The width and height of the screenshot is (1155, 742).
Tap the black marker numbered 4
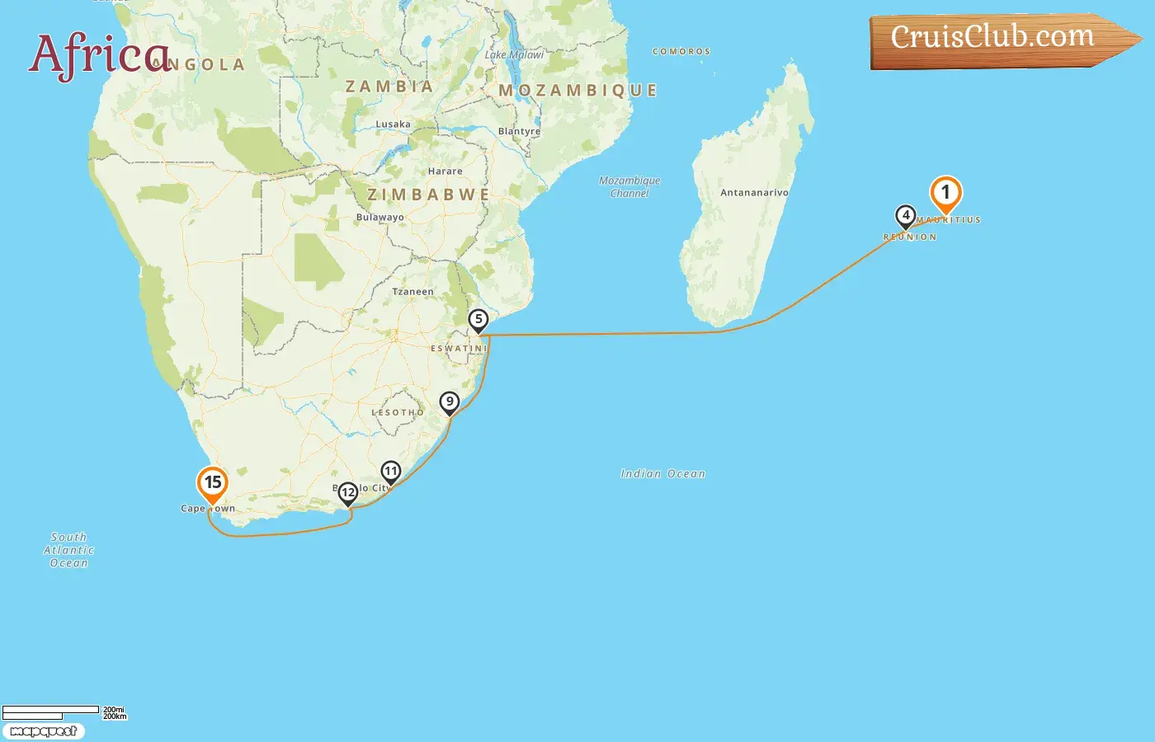click(x=906, y=216)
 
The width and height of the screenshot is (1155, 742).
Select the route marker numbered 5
click(x=478, y=319)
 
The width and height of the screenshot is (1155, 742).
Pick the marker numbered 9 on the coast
click(x=450, y=402)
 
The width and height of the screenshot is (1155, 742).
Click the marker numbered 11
click(x=390, y=472)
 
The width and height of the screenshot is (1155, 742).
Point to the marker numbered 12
click(x=348, y=493)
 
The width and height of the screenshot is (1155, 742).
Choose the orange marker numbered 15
click(x=213, y=483)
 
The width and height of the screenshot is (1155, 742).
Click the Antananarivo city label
click(x=754, y=193)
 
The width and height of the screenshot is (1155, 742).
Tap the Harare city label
click(x=445, y=171)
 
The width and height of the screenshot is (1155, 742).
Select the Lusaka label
click(x=393, y=124)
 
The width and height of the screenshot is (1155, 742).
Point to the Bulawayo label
click(x=380, y=218)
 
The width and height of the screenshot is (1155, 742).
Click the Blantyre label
click(x=520, y=132)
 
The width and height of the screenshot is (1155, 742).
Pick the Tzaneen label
click(x=412, y=292)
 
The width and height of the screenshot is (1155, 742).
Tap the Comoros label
click(x=681, y=52)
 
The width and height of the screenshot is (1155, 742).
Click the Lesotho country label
click(x=398, y=412)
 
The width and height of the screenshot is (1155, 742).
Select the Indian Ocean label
click(x=663, y=474)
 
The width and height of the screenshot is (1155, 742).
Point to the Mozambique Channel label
click(x=629, y=187)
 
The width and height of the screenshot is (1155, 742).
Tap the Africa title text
click(x=99, y=54)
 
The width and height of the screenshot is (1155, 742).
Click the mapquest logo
click(x=44, y=731)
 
